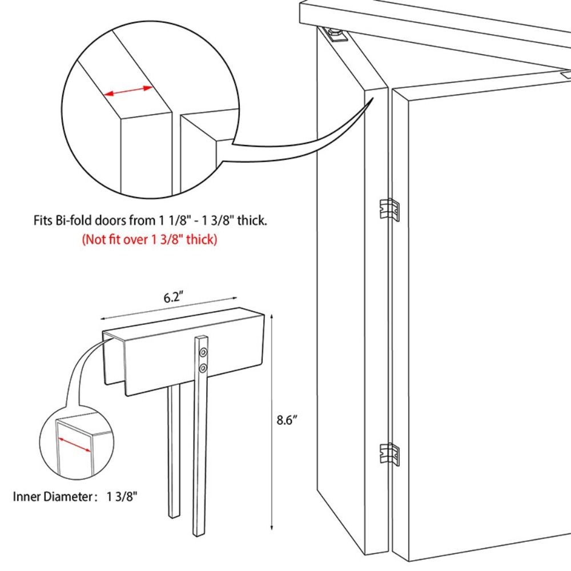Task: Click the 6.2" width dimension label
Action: (x=173, y=298)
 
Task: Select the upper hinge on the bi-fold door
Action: (x=390, y=209)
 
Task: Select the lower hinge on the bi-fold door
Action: (x=390, y=453)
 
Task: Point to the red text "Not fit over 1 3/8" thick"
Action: (x=150, y=239)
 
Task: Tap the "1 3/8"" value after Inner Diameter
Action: (x=121, y=496)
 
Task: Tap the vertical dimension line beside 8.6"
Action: (x=272, y=423)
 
